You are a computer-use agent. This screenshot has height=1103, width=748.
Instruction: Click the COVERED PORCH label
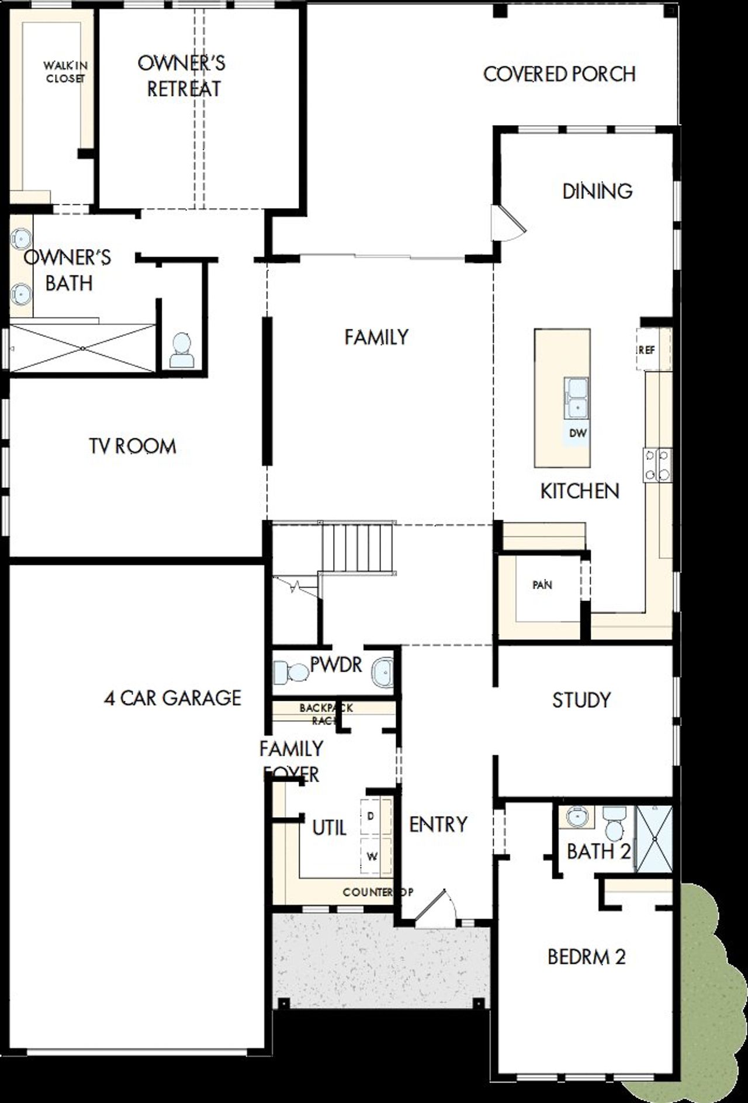pos(559,74)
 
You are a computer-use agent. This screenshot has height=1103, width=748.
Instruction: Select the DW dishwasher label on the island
pos(577,433)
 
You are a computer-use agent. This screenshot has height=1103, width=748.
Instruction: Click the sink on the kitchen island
pos(576,398)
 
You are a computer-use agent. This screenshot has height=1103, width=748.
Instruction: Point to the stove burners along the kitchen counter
pos(657,465)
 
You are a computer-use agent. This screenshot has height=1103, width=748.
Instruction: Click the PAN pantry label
pos(542,585)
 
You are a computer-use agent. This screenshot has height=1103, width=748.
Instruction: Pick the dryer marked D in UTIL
pos(372,815)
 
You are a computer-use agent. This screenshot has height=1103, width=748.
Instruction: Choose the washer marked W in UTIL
pos(372,856)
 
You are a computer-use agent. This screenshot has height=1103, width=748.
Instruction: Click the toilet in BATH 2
pos(614,824)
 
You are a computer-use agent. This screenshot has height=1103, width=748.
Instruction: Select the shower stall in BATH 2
pos(654,839)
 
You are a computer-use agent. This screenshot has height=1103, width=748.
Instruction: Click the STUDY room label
pos(581,700)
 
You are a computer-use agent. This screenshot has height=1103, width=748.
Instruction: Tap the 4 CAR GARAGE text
pos(172,697)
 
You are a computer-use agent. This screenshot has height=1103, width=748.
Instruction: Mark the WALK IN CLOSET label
pos(65,72)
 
